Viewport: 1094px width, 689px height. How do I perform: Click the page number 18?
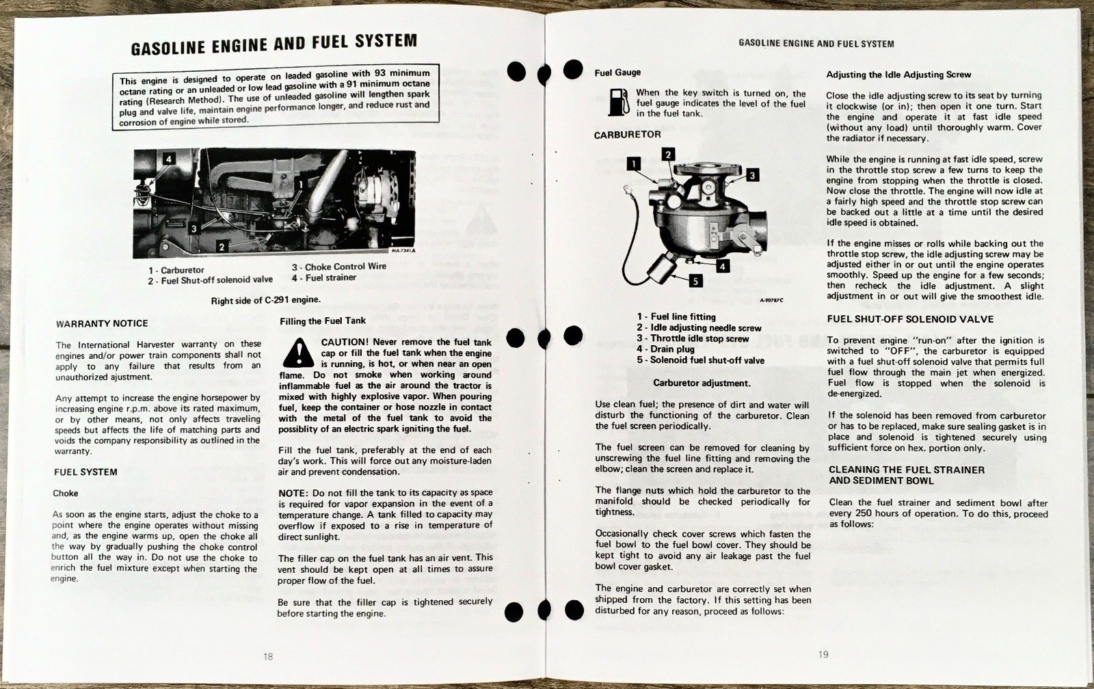268,656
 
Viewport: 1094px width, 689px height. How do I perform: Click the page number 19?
823,654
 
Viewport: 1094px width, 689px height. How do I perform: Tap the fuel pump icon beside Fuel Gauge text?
617,102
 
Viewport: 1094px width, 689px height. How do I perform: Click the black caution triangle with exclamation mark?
297,353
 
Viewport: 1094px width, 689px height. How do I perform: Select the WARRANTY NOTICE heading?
102,323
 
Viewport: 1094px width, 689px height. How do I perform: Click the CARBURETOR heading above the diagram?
627,135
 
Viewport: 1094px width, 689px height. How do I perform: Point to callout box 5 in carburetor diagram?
695,280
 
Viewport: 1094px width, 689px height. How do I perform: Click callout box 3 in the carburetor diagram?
752,176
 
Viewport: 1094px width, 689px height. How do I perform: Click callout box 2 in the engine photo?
222,247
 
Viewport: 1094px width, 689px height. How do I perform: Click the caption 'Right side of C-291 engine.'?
265,299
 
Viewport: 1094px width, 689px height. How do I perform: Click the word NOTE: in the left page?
293,493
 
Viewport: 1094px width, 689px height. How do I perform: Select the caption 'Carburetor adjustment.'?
702,383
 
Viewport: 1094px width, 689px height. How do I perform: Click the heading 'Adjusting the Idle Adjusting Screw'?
898,75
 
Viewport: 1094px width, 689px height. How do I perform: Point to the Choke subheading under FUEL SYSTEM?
66,493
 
